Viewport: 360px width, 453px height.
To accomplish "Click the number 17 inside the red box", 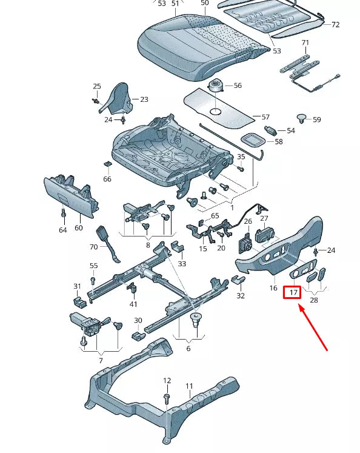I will pyautogui.click(x=293, y=293).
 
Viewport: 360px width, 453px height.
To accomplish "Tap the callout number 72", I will pyautogui.click(x=335, y=25).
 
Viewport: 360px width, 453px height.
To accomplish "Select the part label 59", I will pyautogui.click(x=316, y=119).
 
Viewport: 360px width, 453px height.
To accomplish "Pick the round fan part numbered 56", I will pyautogui.click(x=216, y=86).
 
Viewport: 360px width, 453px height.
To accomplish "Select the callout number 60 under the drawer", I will pyautogui.click(x=79, y=228).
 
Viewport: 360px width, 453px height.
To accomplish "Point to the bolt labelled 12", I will pyautogui.click(x=166, y=397).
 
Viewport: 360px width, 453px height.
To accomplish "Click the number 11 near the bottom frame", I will pyautogui.click(x=189, y=386).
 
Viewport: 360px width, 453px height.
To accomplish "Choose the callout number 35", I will pyautogui.click(x=241, y=157).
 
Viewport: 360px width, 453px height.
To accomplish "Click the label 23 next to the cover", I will pyautogui.click(x=144, y=99).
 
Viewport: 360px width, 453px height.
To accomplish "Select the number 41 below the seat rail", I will pyautogui.click(x=133, y=304).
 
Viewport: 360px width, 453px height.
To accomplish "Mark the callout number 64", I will pyautogui.click(x=62, y=230).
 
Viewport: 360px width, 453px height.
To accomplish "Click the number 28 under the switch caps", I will pyautogui.click(x=313, y=300).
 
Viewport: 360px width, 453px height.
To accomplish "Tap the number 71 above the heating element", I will pyautogui.click(x=305, y=42).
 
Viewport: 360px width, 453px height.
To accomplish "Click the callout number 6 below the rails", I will pyautogui.click(x=188, y=349).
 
